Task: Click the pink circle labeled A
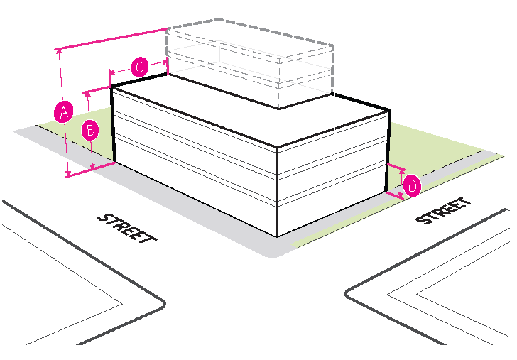pos(64,111)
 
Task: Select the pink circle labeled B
pos(90,131)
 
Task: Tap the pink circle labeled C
pos(139,67)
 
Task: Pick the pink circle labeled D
pos(411,187)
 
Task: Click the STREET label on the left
pos(126,227)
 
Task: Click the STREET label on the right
pos(444,210)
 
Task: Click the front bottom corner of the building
pos(276,236)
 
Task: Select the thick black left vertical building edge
pos(114,124)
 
